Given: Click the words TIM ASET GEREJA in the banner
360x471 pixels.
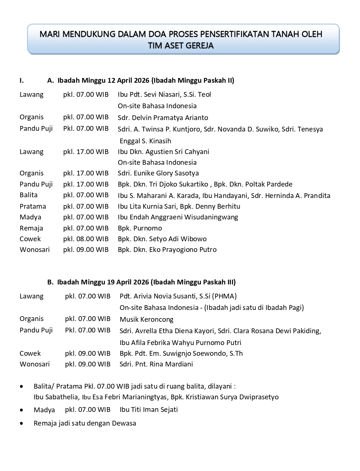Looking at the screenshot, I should [181, 46].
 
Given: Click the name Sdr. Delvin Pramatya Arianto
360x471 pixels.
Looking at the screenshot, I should [163, 118].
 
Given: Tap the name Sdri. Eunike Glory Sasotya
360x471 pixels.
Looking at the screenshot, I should [158, 173].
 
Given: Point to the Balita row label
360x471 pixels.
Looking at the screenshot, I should [28, 195].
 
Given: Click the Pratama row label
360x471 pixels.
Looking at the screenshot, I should [33, 207].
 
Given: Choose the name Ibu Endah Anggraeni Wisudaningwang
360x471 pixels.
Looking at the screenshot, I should [178, 217].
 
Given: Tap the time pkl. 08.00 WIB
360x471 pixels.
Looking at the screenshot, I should [86, 239].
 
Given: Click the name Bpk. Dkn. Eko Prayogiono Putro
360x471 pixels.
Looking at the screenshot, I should [167, 250].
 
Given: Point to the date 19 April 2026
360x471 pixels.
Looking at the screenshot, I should [128, 282].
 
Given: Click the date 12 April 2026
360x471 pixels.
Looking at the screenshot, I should [128, 81].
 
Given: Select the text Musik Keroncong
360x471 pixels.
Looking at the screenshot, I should [146, 320].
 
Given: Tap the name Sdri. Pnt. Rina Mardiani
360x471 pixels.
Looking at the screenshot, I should [156, 364].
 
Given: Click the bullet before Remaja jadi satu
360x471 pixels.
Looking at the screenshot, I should [23, 423].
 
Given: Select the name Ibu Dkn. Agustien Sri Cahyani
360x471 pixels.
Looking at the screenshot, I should [163, 152].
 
